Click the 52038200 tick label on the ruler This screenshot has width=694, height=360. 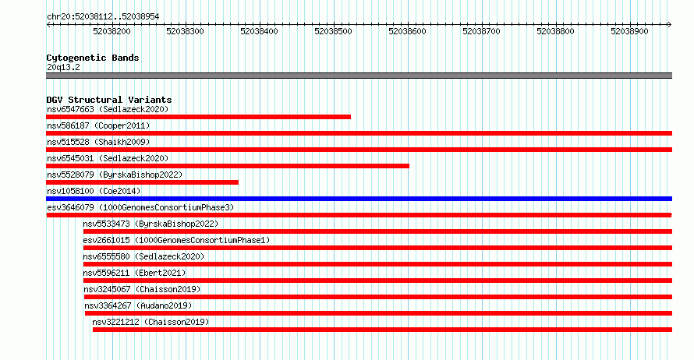point(112,31)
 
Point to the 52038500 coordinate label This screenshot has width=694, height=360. point(333,31)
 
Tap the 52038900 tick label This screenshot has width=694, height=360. point(629,31)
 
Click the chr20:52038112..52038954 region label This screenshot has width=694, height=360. point(103,17)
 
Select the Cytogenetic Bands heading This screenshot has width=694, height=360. point(93,58)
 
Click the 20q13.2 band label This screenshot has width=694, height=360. point(63,67)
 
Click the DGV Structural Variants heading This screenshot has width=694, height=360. point(109,100)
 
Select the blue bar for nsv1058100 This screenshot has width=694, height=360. point(359,199)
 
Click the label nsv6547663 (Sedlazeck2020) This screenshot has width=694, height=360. point(108,109)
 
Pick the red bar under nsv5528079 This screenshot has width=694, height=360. point(142,182)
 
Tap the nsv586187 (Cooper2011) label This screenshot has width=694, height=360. point(98,125)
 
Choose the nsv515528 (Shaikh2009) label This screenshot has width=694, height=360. point(98,142)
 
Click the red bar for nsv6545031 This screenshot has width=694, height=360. point(228,166)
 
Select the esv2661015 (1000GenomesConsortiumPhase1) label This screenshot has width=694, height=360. point(176,240)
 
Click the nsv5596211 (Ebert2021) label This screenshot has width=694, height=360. point(134,273)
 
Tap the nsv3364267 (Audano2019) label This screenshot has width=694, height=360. point(138,305)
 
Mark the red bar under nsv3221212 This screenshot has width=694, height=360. point(382,330)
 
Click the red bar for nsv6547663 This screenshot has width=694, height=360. point(198,117)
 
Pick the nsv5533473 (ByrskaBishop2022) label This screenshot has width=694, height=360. point(150,224)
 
